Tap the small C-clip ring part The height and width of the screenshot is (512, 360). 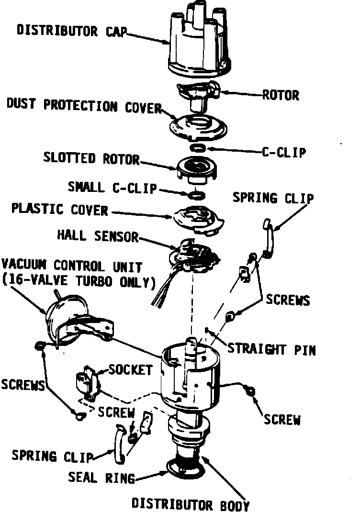pos(197,194)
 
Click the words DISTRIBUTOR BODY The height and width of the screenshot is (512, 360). pos(190,504)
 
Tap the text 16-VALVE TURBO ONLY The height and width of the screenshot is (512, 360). pos(79,281)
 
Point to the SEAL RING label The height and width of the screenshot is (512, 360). pos(101,477)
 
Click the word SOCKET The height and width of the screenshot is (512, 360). pos(130,369)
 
